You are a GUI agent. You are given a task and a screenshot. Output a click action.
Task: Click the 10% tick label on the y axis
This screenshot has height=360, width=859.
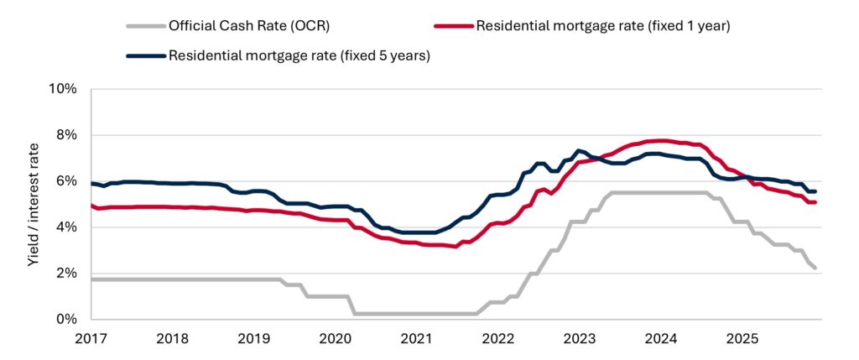[63, 89]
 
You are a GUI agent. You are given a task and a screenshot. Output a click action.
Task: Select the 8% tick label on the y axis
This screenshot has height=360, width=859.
[66, 135]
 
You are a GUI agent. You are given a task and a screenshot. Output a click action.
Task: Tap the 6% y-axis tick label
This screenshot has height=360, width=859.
[66, 181]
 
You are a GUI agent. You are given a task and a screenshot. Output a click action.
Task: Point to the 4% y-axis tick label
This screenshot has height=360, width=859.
[66, 227]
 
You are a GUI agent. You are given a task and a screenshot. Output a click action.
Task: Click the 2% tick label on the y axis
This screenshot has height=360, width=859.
[66, 274]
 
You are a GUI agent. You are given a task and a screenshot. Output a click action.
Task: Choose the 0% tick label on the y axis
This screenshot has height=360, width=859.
[66, 320]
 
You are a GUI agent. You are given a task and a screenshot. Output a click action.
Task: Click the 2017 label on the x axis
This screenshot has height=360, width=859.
[91, 339]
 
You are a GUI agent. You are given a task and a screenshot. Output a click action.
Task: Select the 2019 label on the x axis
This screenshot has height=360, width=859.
[253, 339]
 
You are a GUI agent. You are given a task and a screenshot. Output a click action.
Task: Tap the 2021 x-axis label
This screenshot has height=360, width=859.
[416, 339]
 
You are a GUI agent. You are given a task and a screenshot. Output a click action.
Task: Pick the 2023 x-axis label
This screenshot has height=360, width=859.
[579, 339]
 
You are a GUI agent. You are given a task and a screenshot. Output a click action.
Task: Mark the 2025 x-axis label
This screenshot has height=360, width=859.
[742, 339]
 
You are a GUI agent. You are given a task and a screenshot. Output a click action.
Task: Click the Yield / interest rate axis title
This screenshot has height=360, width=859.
[34, 204]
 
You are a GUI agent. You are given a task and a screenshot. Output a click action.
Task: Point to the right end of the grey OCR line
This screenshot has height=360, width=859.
[815, 268]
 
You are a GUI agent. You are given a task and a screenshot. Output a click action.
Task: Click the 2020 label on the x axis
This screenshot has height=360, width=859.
[335, 339]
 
